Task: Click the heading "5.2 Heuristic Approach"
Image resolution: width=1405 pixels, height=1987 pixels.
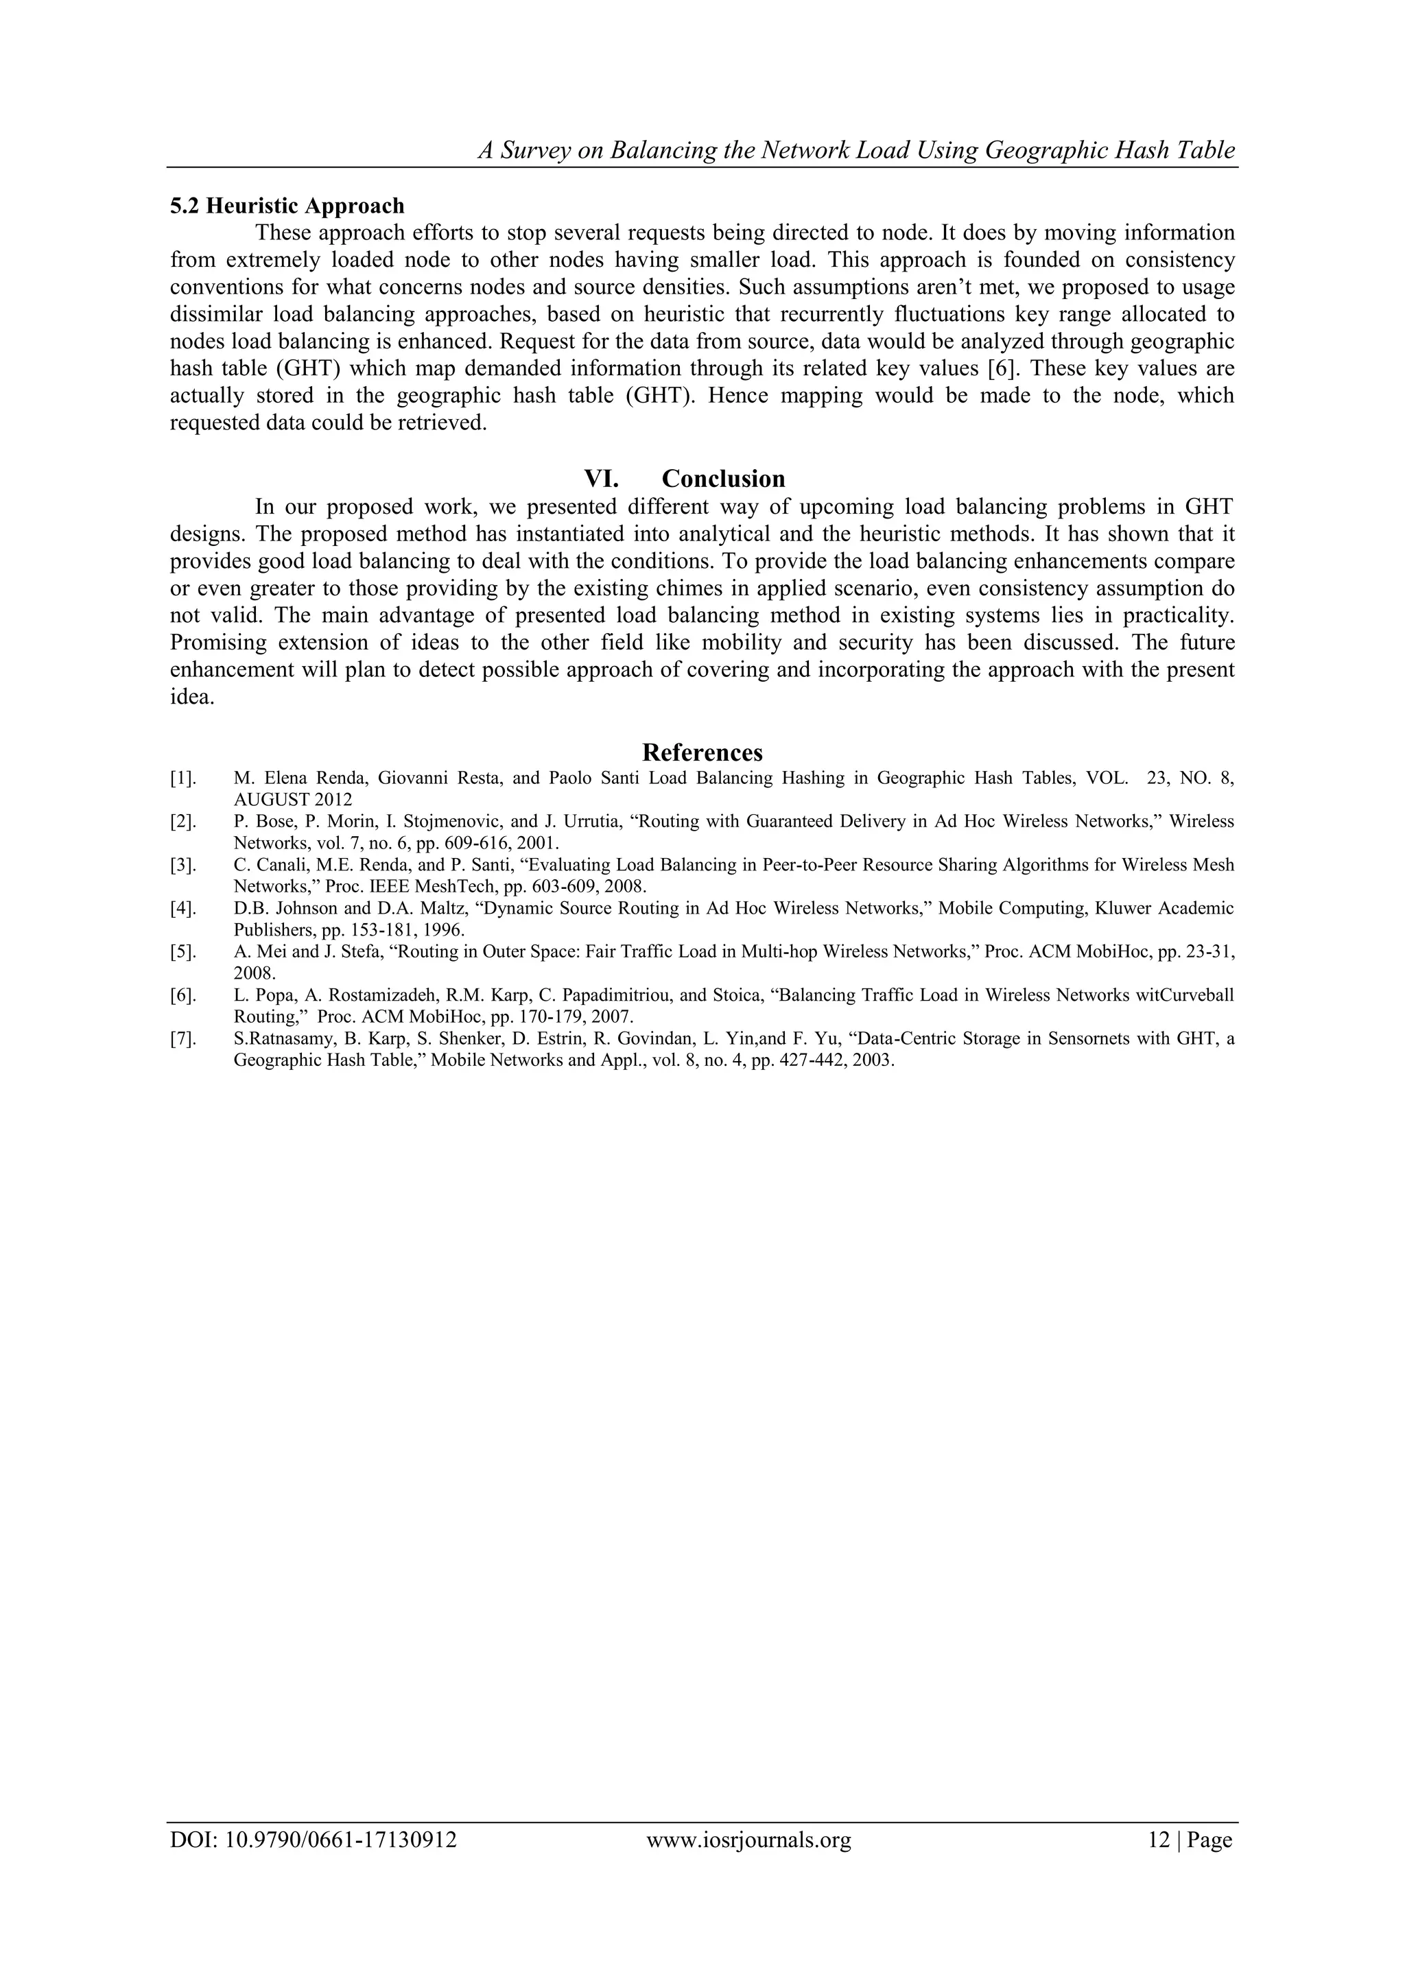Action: click(x=287, y=206)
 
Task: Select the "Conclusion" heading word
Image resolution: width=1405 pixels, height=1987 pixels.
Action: click(x=723, y=479)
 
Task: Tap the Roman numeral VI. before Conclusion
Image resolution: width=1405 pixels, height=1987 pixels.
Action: click(x=601, y=479)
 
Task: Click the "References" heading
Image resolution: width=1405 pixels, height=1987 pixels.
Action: click(x=702, y=751)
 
